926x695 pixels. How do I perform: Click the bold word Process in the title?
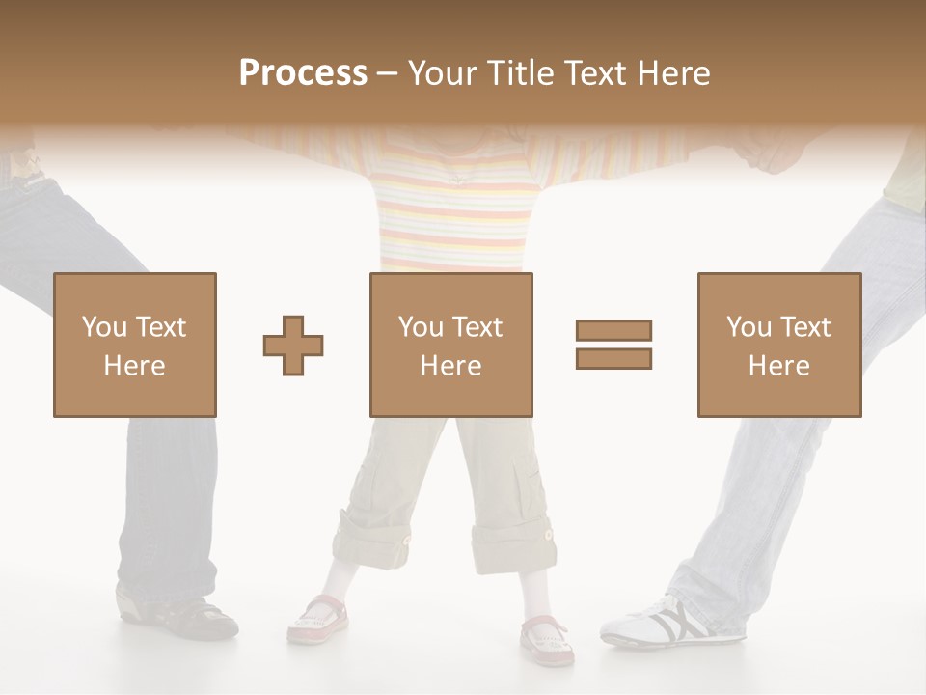click(303, 73)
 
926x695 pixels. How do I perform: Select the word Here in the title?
click(671, 73)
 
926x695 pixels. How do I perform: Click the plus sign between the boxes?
click(293, 346)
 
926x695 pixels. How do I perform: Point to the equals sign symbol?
click(613, 345)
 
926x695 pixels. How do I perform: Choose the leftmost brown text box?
click(135, 346)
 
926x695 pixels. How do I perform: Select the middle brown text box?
click(451, 346)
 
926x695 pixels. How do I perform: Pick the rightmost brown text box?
click(779, 346)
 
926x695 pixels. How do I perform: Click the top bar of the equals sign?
click(613, 331)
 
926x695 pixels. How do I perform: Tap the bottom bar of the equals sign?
click(613, 358)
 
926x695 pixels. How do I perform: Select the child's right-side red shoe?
click(547, 637)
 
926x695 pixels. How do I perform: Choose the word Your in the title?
click(441, 73)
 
